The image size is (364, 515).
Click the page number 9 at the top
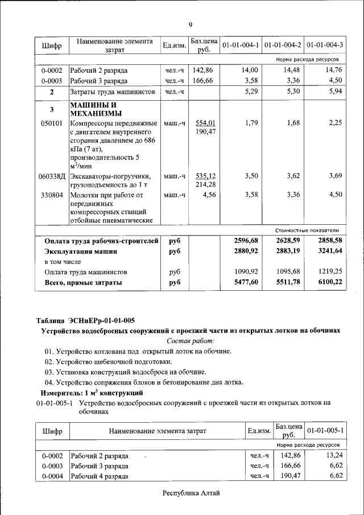click(191, 24)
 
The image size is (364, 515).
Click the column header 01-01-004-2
click(283, 44)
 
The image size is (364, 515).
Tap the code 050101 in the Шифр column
click(52, 123)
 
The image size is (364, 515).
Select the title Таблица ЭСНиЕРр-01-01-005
click(85, 320)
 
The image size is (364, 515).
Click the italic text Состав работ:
click(190, 341)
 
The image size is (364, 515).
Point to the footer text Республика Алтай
click(191, 493)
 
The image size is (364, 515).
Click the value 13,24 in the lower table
click(334, 455)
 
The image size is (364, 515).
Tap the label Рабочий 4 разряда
click(99, 476)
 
